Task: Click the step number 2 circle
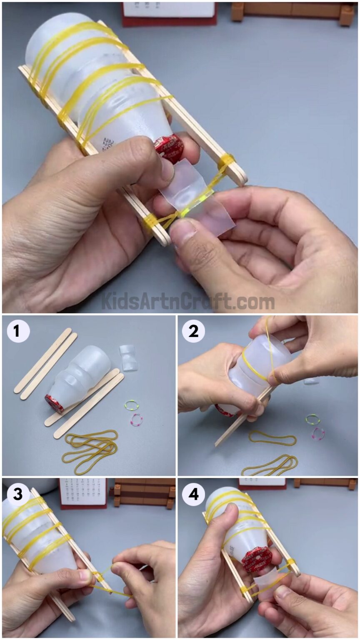coord(193,332)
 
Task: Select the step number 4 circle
coord(193,494)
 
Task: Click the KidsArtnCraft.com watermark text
coord(187,301)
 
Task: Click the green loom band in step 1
coord(131,405)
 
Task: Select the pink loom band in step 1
coord(137,419)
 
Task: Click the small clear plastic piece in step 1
coord(128,357)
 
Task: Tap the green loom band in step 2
coord(312,419)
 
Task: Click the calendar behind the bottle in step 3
coord(82,492)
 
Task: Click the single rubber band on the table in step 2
coord(272,439)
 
